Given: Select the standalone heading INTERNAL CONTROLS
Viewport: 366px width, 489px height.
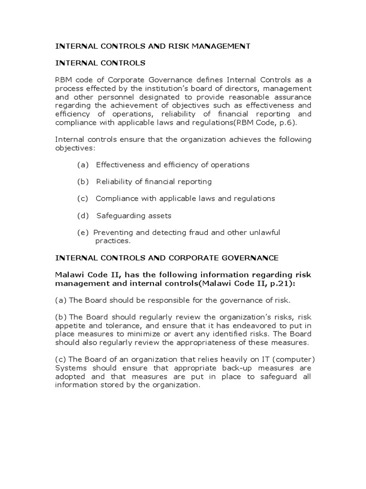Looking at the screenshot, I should [x=101, y=63].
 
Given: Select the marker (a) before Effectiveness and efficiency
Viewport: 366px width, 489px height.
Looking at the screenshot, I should [x=83, y=165].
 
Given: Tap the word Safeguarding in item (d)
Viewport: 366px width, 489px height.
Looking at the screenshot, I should [x=119, y=215].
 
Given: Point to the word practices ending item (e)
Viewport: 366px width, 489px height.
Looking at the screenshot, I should [x=112, y=241].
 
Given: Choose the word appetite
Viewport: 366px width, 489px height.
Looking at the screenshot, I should [x=70, y=325].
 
